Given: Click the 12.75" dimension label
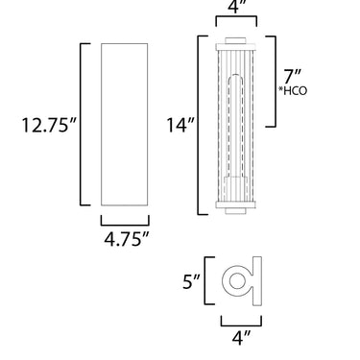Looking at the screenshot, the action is pyautogui.click(x=49, y=125).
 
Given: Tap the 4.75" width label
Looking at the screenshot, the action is pyautogui.click(x=127, y=239).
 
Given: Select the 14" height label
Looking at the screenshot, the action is pyautogui.click(x=180, y=125).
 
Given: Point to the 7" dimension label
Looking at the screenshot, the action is pyautogui.click(x=293, y=77).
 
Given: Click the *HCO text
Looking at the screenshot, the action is pyautogui.click(x=293, y=91).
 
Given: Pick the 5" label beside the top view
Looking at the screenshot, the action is pyautogui.click(x=191, y=282).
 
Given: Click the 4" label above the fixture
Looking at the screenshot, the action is pyautogui.click(x=236, y=7).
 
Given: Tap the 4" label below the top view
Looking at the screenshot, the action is pyautogui.click(x=241, y=338).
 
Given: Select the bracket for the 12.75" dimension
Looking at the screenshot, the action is pyautogui.click(x=81, y=124).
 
